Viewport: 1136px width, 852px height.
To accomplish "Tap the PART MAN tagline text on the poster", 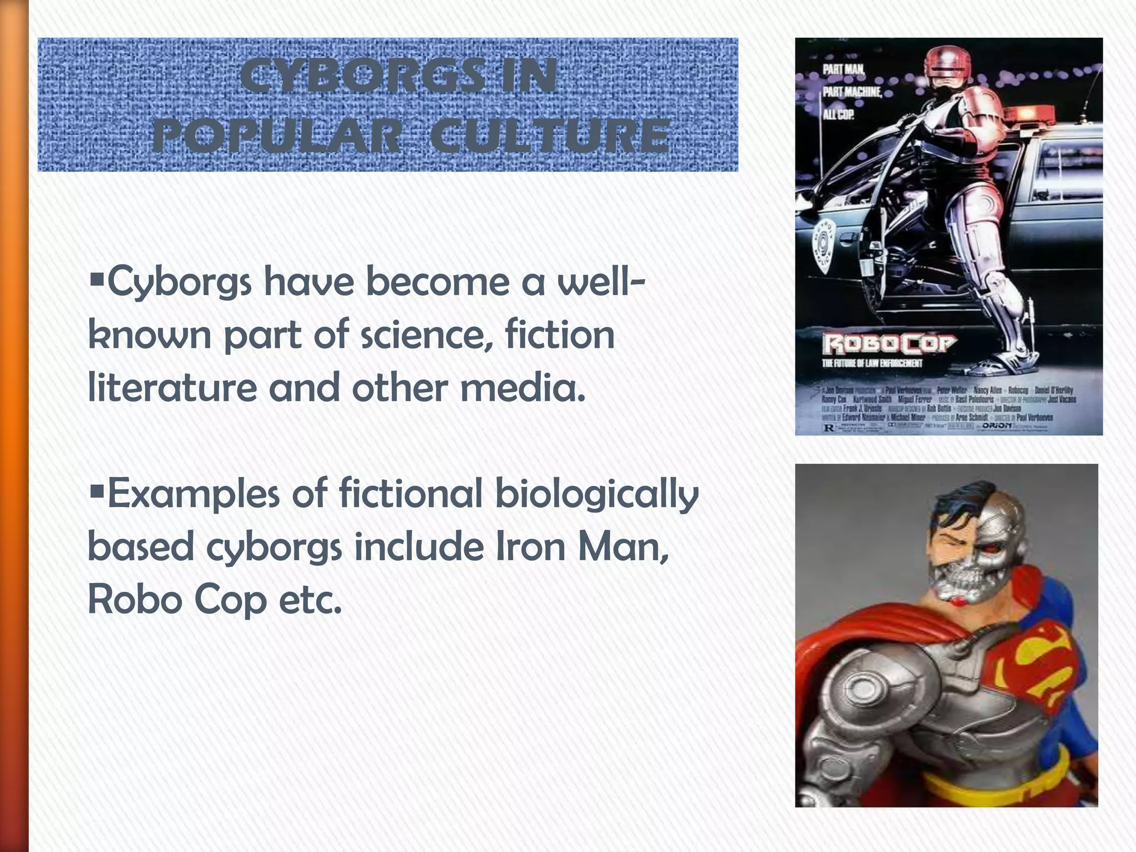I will (843, 70).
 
